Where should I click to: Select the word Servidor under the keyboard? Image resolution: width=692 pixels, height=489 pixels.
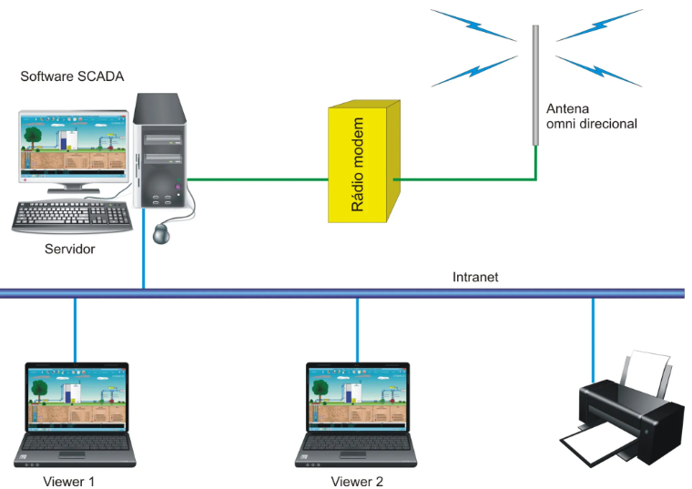69,248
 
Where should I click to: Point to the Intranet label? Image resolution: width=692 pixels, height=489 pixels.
475,277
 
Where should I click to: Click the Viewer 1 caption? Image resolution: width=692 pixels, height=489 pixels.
68,480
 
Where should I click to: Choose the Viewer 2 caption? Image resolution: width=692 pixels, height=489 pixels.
357,480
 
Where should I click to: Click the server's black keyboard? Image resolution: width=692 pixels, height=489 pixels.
72,215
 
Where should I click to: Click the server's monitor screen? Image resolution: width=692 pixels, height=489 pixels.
72,147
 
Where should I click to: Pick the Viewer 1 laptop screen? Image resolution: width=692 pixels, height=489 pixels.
76,399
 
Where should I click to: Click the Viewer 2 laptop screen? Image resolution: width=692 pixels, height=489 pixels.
358,399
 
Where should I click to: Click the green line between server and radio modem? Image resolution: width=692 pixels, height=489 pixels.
259,179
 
